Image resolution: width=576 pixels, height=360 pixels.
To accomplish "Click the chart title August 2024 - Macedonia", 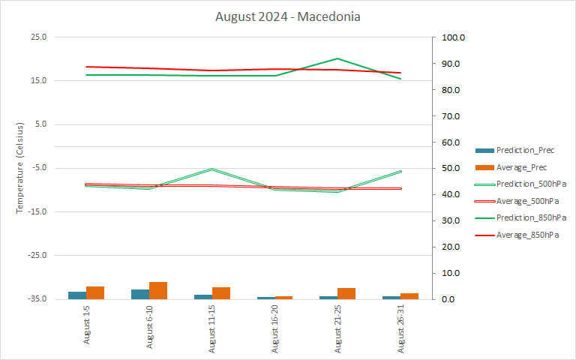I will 288,16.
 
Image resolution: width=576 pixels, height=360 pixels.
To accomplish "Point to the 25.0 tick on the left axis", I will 37,37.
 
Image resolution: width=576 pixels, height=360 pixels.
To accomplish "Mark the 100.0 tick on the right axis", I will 454,37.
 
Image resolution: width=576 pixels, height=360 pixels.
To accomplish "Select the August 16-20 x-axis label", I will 275,330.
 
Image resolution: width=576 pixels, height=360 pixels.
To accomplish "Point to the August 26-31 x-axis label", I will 401,330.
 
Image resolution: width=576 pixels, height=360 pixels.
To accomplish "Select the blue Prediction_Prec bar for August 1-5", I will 77,295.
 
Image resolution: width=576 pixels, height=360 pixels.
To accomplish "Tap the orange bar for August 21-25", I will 346,293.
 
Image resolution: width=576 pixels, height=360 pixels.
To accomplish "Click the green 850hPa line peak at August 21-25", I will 338,58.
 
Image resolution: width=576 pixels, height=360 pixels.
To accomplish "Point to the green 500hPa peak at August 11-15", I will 212,169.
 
